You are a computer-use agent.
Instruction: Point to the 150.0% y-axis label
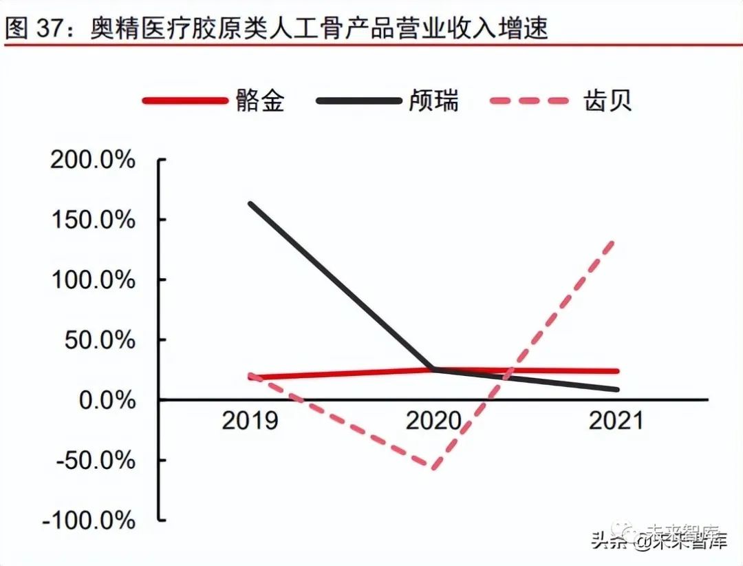[x=92, y=220]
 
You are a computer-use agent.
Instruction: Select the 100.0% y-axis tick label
[x=92, y=280]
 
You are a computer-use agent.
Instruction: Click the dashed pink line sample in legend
[x=530, y=101]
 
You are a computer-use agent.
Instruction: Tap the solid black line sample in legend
[x=358, y=101]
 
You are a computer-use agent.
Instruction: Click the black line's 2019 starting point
[x=250, y=204]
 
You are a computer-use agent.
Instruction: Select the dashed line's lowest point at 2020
[x=434, y=468]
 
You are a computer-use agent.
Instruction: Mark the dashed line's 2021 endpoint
[x=614, y=241]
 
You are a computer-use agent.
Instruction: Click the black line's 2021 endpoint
[x=616, y=390]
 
